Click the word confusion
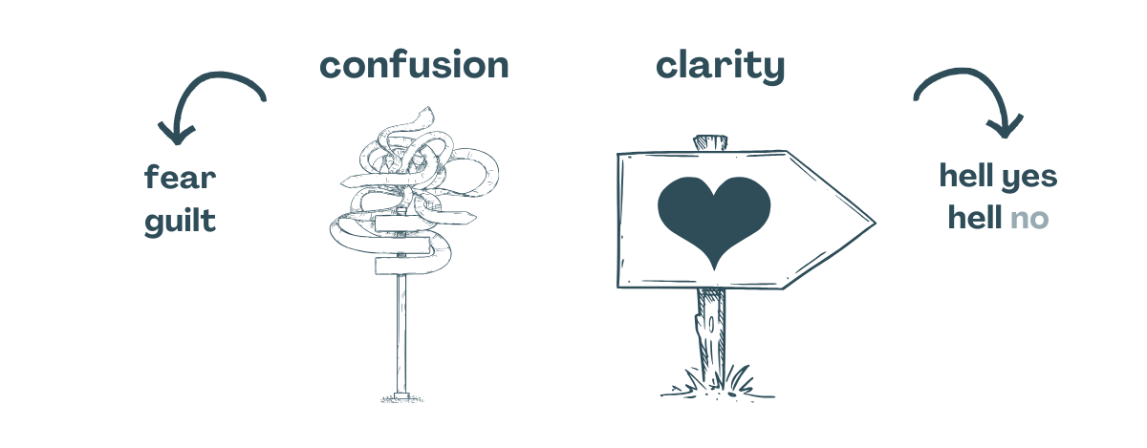(x=414, y=65)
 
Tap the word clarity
(x=720, y=67)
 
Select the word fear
(x=181, y=177)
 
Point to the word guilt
(x=181, y=222)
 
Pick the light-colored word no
(x=1029, y=219)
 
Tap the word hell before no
(x=975, y=217)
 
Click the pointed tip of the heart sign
(x=876, y=223)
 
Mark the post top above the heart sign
(x=710, y=143)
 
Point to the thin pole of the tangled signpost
(x=401, y=332)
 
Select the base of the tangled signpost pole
(x=401, y=396)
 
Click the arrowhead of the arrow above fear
(x=177, y=134)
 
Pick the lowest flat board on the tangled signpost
(x=405, y=266)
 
